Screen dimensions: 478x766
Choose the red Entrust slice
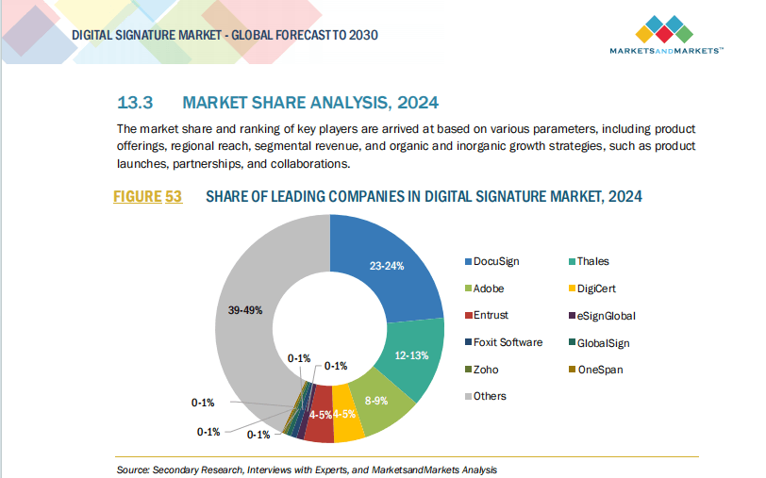(319, 425)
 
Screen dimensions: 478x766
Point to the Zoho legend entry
(487, 370)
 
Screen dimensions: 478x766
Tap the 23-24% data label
(386, 266)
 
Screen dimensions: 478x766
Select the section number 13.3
(135, 102)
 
